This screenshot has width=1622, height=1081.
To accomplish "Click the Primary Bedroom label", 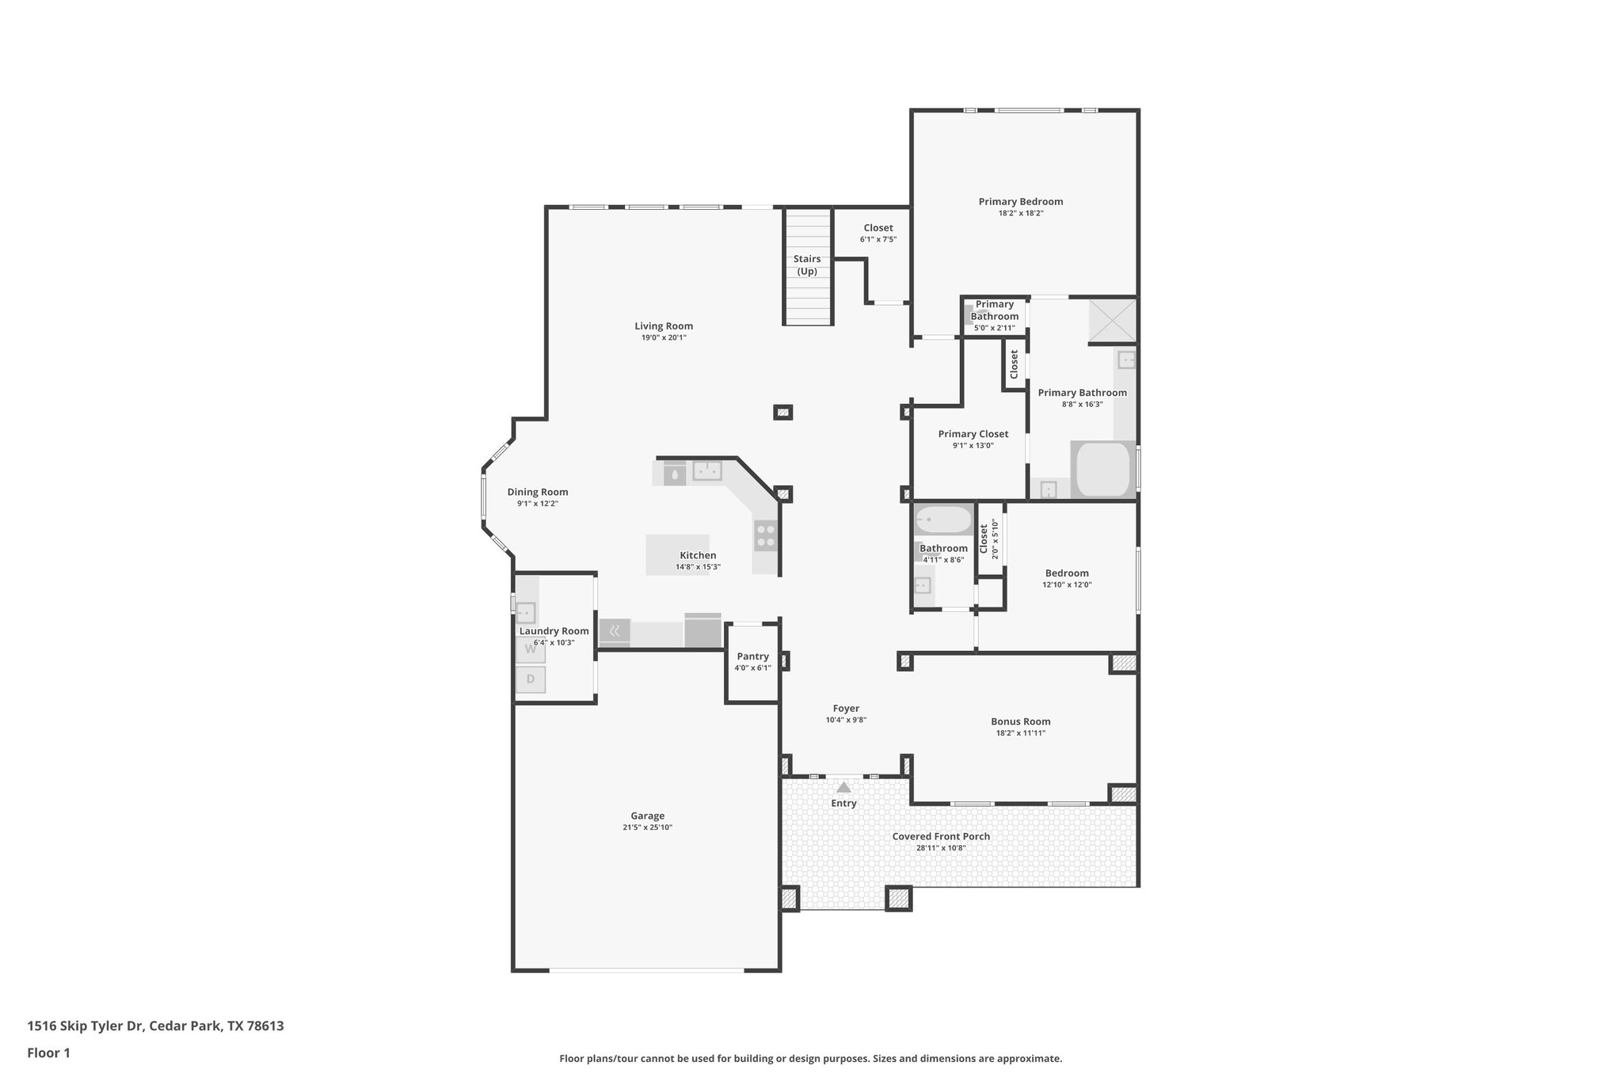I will [1020, 202].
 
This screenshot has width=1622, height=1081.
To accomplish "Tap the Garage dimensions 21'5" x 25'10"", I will [647, 828].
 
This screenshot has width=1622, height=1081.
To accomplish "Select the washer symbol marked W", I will [531, 649].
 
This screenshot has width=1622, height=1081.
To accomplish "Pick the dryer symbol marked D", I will [531, 679].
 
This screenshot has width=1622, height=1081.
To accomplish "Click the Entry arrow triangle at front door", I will [843, 787].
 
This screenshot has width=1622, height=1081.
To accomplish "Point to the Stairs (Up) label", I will [807, 265].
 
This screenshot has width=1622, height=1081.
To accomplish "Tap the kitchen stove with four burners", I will [765, 537].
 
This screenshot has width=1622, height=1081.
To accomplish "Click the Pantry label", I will [752, 657].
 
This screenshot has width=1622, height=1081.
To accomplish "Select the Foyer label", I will [846, 709].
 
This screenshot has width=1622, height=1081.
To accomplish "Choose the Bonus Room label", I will [1020, 721].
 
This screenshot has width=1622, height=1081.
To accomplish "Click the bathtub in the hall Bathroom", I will [942, 520].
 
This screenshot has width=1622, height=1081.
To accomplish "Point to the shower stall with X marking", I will [1112, 320].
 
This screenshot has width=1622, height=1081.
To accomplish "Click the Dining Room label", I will [538, 492].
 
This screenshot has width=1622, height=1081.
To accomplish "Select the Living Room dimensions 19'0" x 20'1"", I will [664, 338].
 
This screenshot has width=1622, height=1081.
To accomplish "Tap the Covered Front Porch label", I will [941, 836].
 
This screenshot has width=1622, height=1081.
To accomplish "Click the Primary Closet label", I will [973, 434].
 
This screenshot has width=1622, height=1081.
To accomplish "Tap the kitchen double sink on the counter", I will [707, 470].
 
